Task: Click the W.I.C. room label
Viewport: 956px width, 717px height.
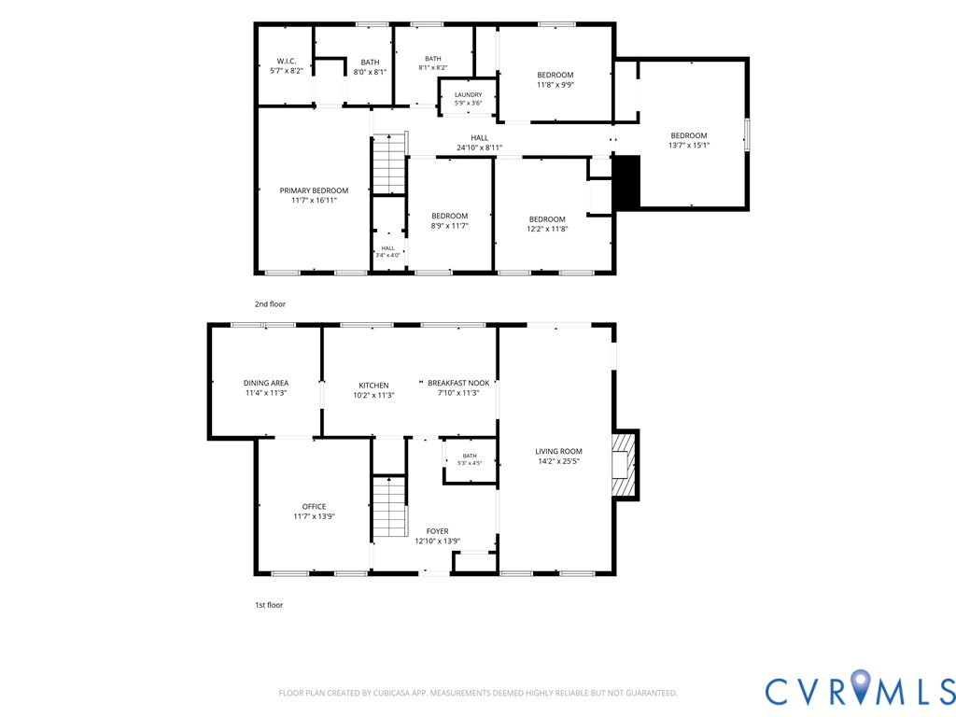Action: coord(286,61)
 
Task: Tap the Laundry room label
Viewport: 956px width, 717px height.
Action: coord(469,94)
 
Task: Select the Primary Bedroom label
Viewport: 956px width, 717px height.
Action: coord(314,190)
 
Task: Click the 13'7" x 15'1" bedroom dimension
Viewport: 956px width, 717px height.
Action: coord(689,145)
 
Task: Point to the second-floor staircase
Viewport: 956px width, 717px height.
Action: coord(389,163)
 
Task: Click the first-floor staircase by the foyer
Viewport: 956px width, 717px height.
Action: coord(389,506)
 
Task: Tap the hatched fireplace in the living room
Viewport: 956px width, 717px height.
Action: coord(625,465)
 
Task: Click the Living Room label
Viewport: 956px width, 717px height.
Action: coord(558,451)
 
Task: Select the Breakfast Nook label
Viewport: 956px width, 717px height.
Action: coord(458,383)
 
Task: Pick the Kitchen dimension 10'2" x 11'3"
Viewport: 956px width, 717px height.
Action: coord(373,395)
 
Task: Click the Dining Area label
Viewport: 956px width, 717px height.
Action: coord(266,383)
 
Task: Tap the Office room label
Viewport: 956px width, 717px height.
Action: coord(314,506)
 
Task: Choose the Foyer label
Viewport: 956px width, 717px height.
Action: coord(437,531)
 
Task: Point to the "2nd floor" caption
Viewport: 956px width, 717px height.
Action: coord(270,303)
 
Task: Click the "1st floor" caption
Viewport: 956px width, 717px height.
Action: coord(269,605)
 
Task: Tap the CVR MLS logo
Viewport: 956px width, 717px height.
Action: coord(860,690)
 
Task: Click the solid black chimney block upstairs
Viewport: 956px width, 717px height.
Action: coord(626,182)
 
